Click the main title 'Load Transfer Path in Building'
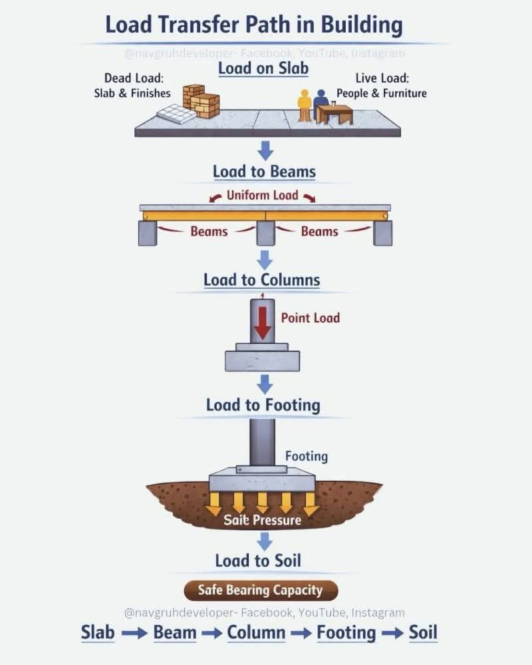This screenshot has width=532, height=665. [x=253, y=25]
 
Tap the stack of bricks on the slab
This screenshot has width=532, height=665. [x=201, y=101]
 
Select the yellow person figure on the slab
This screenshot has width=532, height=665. [x=304, y=106]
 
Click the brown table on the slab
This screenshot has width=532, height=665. [x=334, y=114]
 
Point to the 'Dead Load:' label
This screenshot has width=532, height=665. [x=134, y=78]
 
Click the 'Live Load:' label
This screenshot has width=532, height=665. [x=382, y=78]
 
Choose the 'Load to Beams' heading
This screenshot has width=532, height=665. [x=264, y=172]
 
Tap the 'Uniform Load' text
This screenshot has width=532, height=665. [x=262, y=195]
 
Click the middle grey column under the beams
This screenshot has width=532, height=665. [x=265, y=233]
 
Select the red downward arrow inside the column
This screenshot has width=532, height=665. [x=263, y=323]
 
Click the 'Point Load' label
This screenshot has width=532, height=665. [x=311, y=318]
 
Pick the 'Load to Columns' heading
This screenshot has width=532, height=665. [x=262, y=280]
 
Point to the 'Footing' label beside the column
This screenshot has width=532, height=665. [x=307, y=456]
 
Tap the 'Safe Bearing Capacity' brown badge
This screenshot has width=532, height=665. [x=261, y=591]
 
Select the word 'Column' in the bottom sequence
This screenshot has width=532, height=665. [x=256, y=632]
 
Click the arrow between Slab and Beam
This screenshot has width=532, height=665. [x=134, y=634]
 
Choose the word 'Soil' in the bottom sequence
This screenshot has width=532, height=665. [x=423, y=632]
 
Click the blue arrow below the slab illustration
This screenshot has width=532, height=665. [x=265, y=151]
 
